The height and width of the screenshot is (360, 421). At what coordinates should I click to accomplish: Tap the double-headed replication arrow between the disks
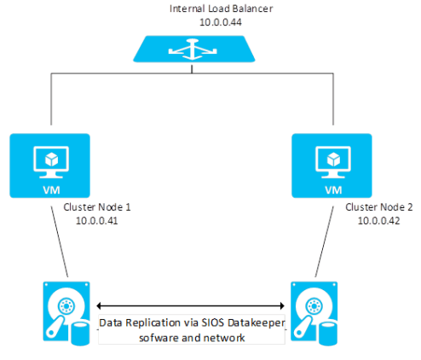(190, 305)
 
